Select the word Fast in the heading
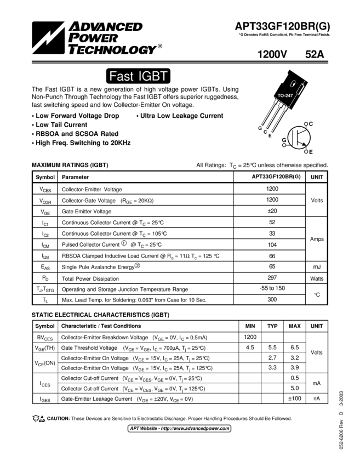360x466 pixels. pyautogui.click(x=121, y=77)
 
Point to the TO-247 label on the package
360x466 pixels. pyautogui.click(x=285, y=96)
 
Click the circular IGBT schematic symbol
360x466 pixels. pyautogui.click(x=299, y=137)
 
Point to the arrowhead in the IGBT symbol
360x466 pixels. pyautogui.click(x=304, y=143)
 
